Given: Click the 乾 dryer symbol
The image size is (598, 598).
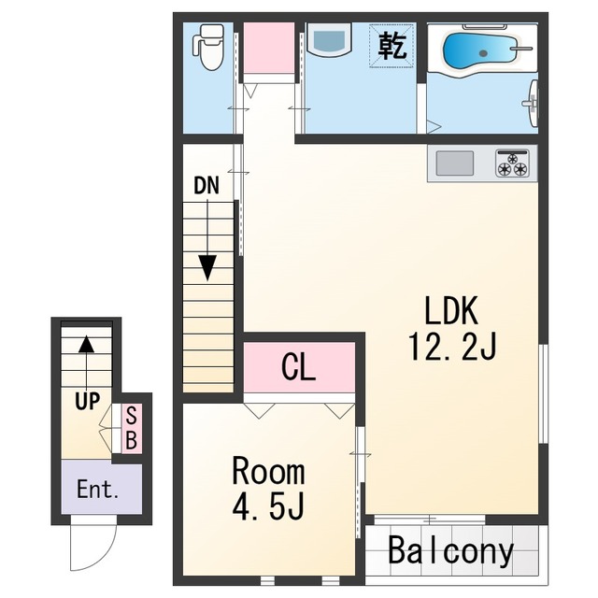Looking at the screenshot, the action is (392, 46).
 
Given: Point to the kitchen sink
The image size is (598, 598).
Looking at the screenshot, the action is (455, 163).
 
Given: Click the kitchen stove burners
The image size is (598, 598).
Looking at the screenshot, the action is (512, 163).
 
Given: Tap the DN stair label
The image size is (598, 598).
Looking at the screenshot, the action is (206, 186).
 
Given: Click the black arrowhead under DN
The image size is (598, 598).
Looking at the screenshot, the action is (207, 268).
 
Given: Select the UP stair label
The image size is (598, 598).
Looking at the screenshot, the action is (87, 401).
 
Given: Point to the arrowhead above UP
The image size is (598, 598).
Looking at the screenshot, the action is (87, 344).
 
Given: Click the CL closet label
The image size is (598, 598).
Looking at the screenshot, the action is (298, 367).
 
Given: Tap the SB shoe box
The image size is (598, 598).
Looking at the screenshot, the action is (131, 429).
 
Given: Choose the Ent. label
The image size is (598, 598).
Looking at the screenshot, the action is (97, 490).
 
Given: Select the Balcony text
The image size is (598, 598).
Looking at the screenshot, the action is (450, 550).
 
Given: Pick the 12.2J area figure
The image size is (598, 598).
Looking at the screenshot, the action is (452, 347).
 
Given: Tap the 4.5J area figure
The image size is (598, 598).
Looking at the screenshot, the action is (268, 506).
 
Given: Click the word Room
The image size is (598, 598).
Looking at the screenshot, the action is (268, 472).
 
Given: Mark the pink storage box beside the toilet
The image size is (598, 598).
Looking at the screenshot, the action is (269, 48).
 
